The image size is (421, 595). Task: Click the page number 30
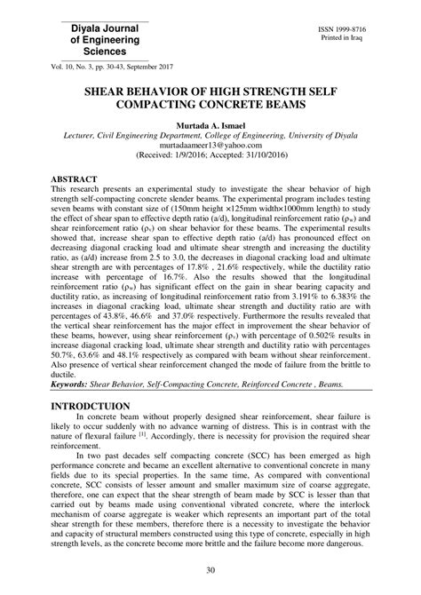point(210,570)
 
